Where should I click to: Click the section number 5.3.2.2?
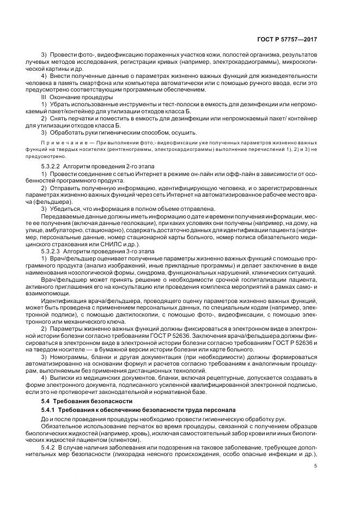coord(52,164)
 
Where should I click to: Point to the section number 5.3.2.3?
coord(52,251)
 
